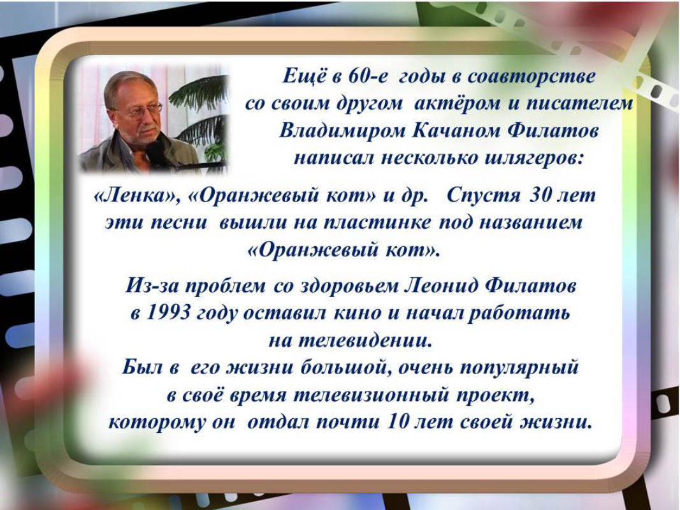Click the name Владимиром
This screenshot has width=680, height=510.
[342, 131]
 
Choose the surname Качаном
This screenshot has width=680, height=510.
[456, 131]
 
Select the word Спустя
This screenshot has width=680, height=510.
[482, 196]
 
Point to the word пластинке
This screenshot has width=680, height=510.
[377, 223]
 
